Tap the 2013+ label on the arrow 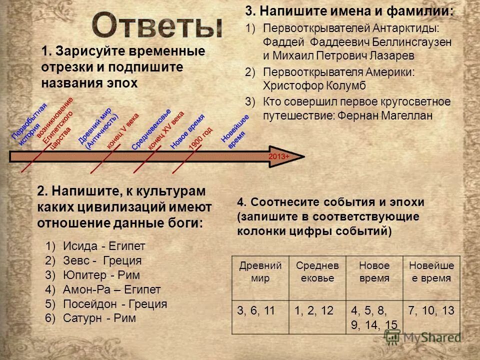pos(278,156)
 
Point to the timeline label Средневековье pos(151,129)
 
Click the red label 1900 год pos(201,137)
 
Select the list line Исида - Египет pos(102,246)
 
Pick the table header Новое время pos(373,271)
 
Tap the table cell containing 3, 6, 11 pos(256,310)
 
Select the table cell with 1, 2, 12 pos(313,310)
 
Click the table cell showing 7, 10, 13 pos(430,310)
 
